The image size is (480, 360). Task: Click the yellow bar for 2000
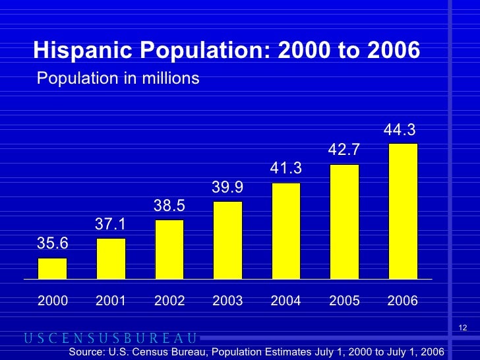point(52,268)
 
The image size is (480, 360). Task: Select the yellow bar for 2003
point(227,240)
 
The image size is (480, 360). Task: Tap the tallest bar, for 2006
point(403,211)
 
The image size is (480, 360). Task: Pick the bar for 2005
point(344,222)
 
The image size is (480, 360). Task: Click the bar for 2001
point(111,258)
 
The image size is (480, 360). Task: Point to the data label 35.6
point(52,243)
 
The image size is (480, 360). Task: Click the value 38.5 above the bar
point(169,206)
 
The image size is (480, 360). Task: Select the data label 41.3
point(286,169)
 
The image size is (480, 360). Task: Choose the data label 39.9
point(227,188)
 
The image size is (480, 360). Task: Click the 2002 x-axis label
point(169,301)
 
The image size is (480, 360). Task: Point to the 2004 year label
point(286,301)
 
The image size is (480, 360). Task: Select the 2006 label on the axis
point(403,301)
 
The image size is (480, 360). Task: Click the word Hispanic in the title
point(77,49)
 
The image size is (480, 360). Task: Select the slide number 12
point(462,329)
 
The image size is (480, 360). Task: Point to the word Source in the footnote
point(88,352)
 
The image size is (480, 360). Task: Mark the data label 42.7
point(344,151)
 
